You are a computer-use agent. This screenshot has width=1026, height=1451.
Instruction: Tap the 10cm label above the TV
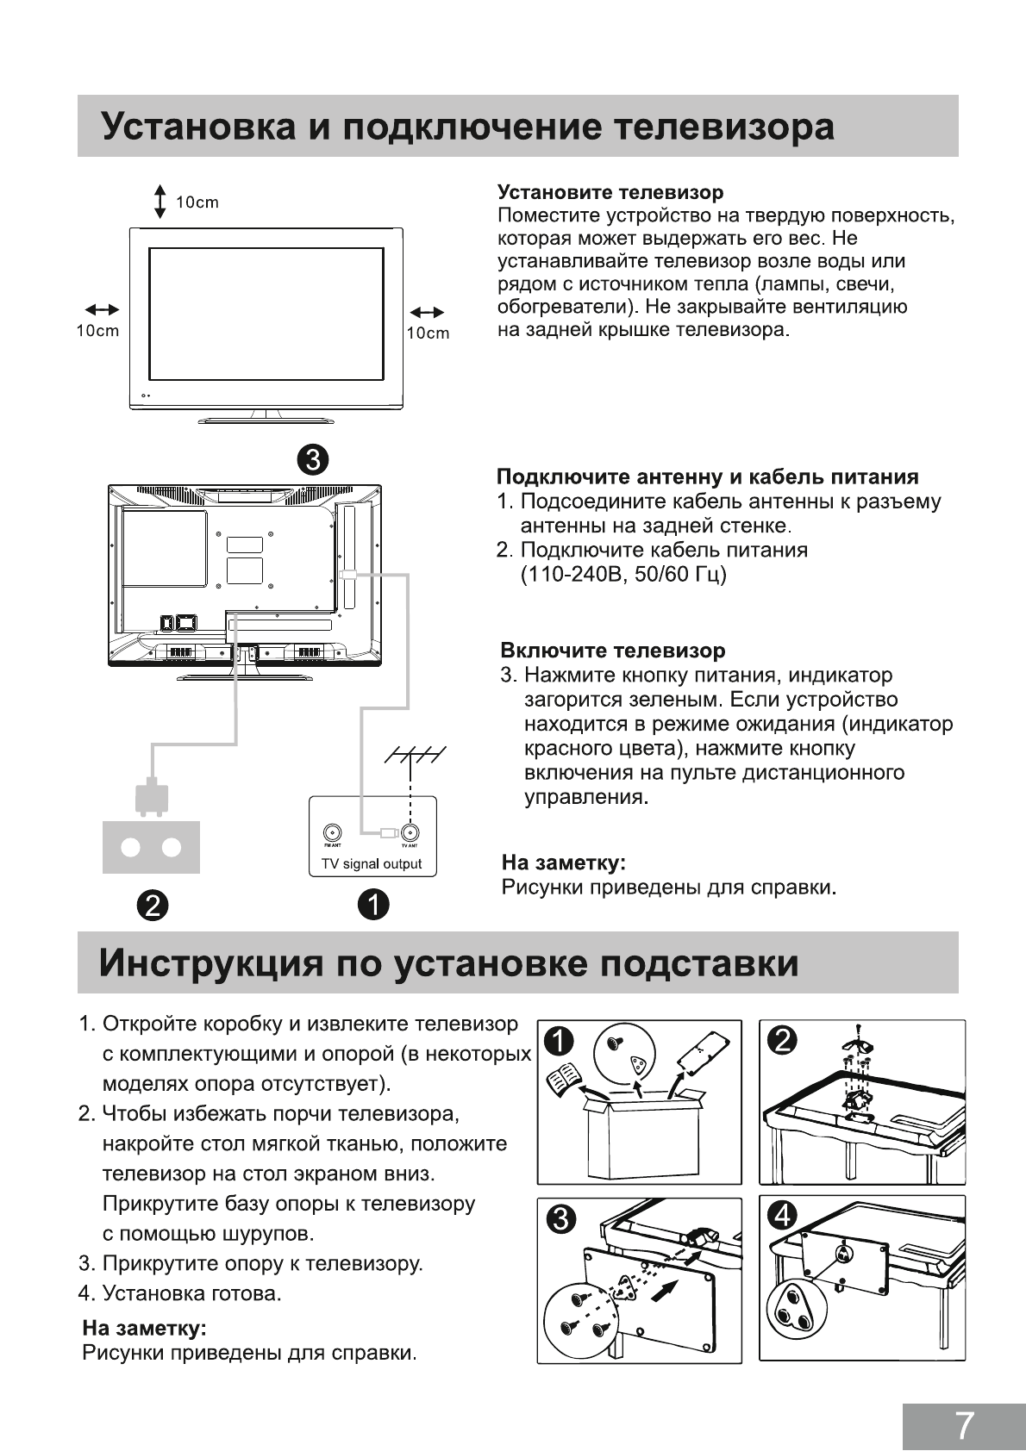(197, 202)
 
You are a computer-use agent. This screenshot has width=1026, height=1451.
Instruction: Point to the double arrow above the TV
(160, 201)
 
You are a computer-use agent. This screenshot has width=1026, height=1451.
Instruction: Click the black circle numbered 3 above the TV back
(313, 459)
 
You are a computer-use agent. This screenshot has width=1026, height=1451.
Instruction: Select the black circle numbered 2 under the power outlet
(152, 905)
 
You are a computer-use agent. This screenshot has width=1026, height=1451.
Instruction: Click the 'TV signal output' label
(372, 864)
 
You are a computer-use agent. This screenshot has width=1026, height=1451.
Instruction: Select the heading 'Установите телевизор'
(610, 192)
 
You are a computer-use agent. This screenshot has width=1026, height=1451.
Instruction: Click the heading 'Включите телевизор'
(613, 651)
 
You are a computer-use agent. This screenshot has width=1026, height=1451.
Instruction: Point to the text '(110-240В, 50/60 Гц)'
(623, 574)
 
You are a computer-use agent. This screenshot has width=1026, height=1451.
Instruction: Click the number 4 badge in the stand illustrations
(783, 1216)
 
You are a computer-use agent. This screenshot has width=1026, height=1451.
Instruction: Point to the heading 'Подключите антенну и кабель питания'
(707, 477)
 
